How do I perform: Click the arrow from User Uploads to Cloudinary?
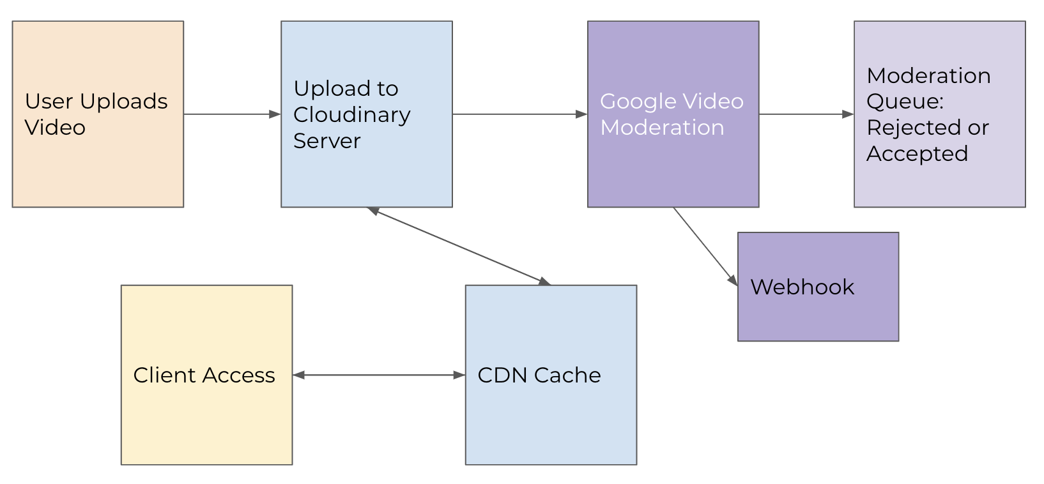pos(231,114)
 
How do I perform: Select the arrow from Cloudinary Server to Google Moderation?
pos(519,114)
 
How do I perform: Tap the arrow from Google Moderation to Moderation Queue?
pos(806,114)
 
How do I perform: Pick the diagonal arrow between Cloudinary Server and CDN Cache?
pos(459,246)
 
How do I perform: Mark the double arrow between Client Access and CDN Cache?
pos(378,375)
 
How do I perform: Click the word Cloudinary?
pos(351,115)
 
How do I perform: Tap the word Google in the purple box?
pos(634,102)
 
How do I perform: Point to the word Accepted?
pos(917,154)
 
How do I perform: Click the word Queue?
pos(904,102)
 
